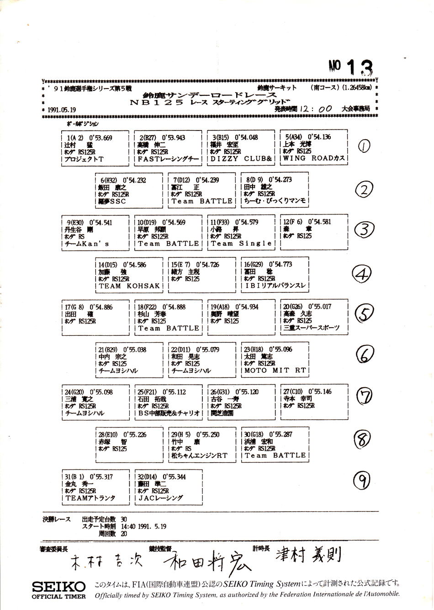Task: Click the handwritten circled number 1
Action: click(x=364, y=146)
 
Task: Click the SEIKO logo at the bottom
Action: click(x=58, y=586)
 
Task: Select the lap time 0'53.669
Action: click(x=101, y=138)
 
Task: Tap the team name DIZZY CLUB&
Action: click(x=241, y=159)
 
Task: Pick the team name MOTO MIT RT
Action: click(x=275, y=370)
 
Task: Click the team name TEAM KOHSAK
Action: click(x=129, y=286)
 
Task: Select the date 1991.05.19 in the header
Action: click(x=62, y=110)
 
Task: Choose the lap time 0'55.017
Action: click(x=320, y=307)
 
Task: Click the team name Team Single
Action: click(x=241, y=244)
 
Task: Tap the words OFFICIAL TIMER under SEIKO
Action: click(x=58, y=596)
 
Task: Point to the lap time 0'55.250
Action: click(x=208, y=435)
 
